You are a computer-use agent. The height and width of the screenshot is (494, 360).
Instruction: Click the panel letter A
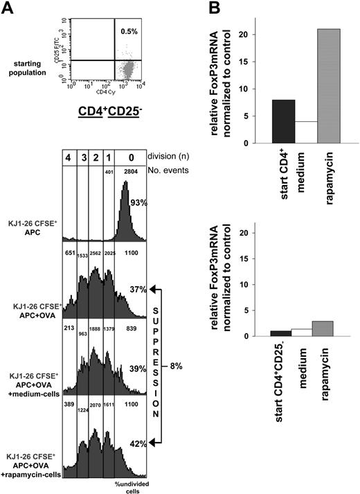point(8,8)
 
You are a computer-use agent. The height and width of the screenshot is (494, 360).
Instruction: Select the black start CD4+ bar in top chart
point(264,121)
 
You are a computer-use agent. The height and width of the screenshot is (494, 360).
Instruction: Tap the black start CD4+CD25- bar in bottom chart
point(264,333)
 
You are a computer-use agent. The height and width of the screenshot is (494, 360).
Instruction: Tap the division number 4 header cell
point(71,158)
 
